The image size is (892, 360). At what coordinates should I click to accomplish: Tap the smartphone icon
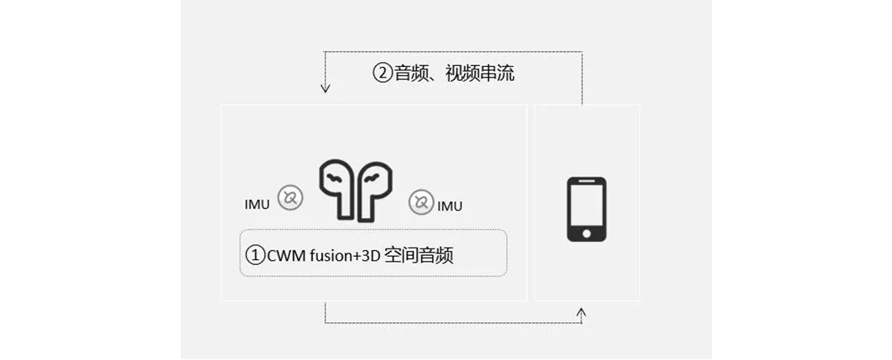point(586,209)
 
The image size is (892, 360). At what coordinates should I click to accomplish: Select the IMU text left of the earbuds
point(257,204)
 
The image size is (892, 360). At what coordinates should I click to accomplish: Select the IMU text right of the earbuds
point(449,204)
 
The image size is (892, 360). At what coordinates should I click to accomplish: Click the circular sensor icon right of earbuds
point(420,202)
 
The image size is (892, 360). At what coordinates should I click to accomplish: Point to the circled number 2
point(382,73)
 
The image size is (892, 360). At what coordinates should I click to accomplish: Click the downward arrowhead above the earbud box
point(325,87)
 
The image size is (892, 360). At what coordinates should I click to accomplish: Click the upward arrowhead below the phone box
point(581,312)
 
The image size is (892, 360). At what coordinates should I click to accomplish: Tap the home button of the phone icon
point(586,234)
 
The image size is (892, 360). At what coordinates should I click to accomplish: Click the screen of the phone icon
point(586,204)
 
